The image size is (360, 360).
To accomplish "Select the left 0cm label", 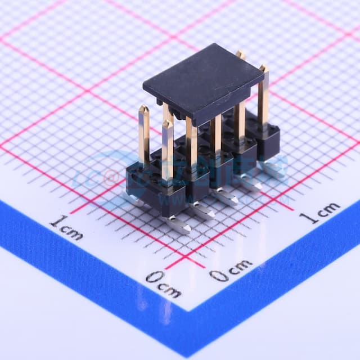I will point(163,283).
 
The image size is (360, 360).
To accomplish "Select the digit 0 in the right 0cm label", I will point(218,275).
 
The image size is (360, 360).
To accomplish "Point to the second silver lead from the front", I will point(202,210).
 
